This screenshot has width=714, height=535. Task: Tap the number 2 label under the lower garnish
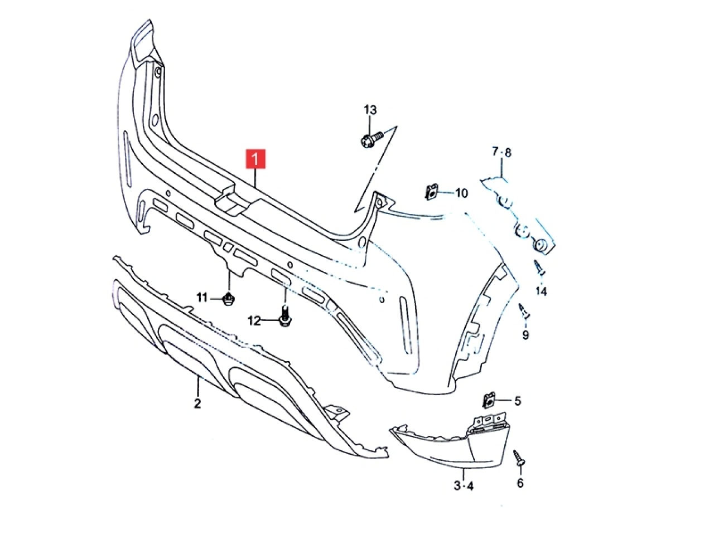point(197,404)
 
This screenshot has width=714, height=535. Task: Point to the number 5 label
point(518,401)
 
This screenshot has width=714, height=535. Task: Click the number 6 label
point(520,483)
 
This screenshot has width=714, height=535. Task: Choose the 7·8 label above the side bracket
point(501,152)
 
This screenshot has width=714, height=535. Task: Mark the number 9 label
point(525,334)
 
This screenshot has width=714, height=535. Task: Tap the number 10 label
point(461,193)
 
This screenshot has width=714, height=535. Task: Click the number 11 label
point(202,297)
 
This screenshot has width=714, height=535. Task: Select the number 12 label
point(254,321)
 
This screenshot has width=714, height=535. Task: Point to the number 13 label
point(370,110)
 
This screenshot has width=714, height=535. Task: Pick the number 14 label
point(541,291)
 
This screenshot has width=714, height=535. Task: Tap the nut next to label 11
point(229,299)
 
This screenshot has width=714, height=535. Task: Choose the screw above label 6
point(519,458)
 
